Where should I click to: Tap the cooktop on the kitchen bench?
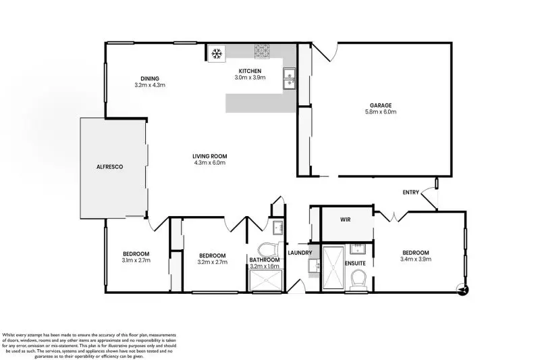pyautogui.click(x=262, y=51)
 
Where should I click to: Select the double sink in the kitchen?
pyautogui.click(x=289, y=78)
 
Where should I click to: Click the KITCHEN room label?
pyautogui.click(x=249, y=70)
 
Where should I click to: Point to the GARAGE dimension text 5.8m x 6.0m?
pyautogui.click(x=381, y=111)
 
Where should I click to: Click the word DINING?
pyautogui.click(x=149, y=78)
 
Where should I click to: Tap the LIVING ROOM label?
pyautogui.click(x=209, y=155)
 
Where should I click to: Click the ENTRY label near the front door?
pyautogui.click(x=411, y=192)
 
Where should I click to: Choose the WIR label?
pyautogui.click(x=345, y=220)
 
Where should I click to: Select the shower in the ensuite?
pyautogui.click(x=332, y=268)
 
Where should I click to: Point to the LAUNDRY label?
pyautogui.click(x=299, y=253)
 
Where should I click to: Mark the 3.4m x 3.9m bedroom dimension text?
pyautogui.click(x=415, y=259)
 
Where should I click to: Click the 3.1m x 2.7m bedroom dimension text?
pyautogui.click(x=136, y=260)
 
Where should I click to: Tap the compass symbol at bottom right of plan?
pyautogui.click(x=462, y=290)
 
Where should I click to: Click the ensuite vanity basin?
pyautogui.click(x=358, y=247)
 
